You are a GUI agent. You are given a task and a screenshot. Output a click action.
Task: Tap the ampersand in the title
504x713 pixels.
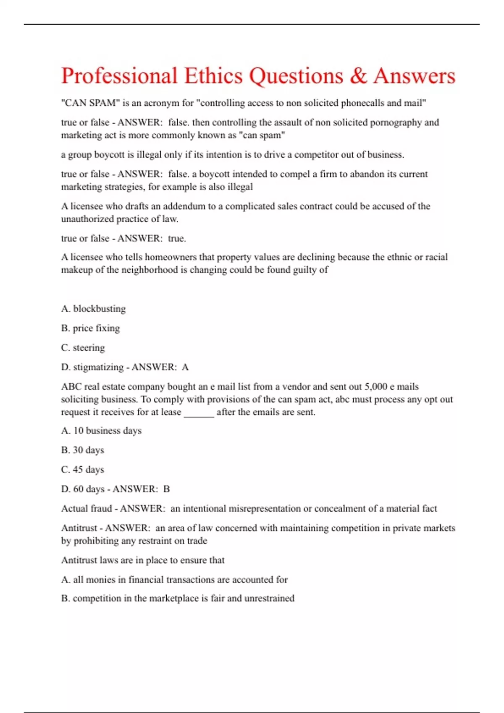click(x=358, y=76)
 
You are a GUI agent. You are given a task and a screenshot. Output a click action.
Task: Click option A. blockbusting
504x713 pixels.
click(x=93, y=309)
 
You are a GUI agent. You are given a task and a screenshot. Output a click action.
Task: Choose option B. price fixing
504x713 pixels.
click(x=90, y=328)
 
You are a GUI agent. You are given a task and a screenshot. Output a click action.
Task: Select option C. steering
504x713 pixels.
click(x=83, y=348)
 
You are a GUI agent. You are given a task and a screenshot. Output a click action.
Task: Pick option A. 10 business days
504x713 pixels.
click(x=101, y=431)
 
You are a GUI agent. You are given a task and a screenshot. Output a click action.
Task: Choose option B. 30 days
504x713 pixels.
click(x=82, y=450)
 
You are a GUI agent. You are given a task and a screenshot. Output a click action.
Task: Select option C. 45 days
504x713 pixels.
click(x=82, y=470)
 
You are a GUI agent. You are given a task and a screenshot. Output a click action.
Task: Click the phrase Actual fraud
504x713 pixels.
click(x=87, y=509)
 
